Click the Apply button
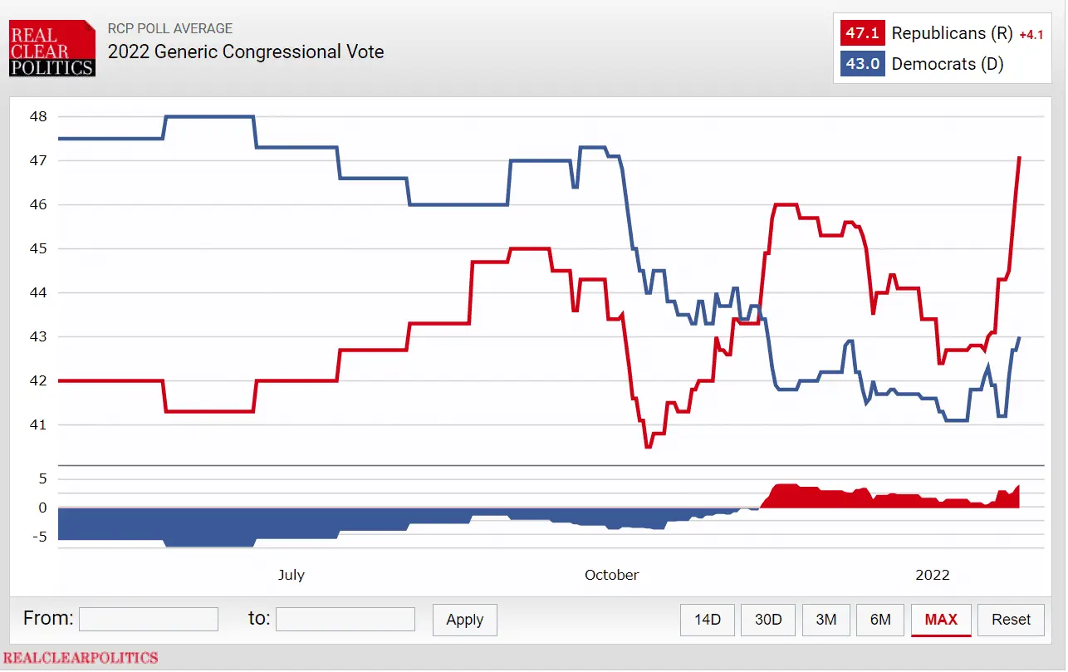pyautogui.click(x=464, y=620)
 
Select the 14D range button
pyautogui.click(x=708, y=620)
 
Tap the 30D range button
pyautogui.click(x=768, y=620)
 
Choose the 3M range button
pyautogui.click(x=825, y=620)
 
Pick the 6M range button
pyautogui.click(x=880, y=620)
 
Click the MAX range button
pyautogui.click(x=941, y=620)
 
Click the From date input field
pyautogui.click(x=149, y=619)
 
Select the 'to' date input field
pyautogui.click(x=345, y=619)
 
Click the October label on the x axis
pyautogui.click(x=612, y=575)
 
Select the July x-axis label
pyautogui.click(x=291, y=575)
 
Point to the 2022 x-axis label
pyautogui.click(x=932, y=575)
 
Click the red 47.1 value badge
pyautogui.click(x=862, y=34)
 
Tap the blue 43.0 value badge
pyautogui.click(x=862, y=64)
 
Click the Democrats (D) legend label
pyautogui.click(x=948, y=64)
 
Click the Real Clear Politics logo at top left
pyautogui.click(x=52, y=49)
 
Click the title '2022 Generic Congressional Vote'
pyautogui.click(x=246, y=52)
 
